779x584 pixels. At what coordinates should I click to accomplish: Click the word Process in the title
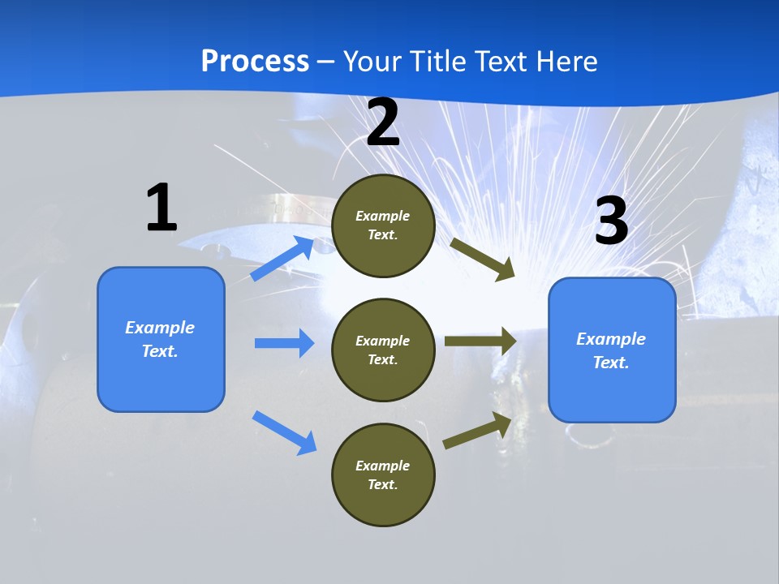(x=255, y=62)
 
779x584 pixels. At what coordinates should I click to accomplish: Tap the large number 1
(x=161, y=208)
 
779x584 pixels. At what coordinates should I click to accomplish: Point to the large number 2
(x=383, y=123)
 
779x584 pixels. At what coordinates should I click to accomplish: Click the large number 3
(x=612, y=221)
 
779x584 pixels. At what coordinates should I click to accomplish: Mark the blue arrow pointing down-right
(x=284, y=432)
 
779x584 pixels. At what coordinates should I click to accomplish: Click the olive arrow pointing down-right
(x=482, y=259)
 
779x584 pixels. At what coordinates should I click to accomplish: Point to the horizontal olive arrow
(x=480, y=341)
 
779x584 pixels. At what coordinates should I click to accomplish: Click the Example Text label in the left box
(x=160, y=339)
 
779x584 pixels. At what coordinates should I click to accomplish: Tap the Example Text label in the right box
(x=611, y=350)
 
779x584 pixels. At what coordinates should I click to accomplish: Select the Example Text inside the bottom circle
(x=383, y=475)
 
